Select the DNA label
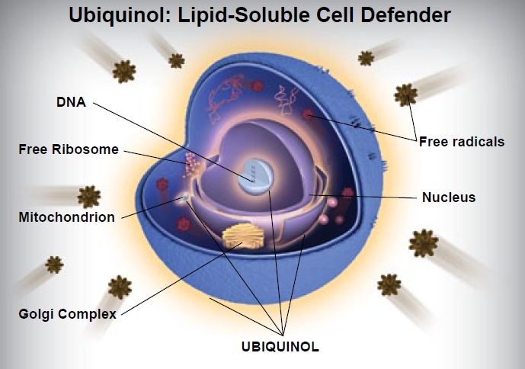(x=69, y=101)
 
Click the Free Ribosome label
(x=69, y=149)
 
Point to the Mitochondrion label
(x=66, y=217)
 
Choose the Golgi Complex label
(x=68, y=314)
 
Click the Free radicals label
(x=461, y=141)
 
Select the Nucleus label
(x=448, y=197)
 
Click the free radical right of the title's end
(x=366, y=57)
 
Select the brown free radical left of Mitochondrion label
(x=88, y=196)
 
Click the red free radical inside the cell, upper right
(x=309, y=115)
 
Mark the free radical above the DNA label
(x=123, y=71)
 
